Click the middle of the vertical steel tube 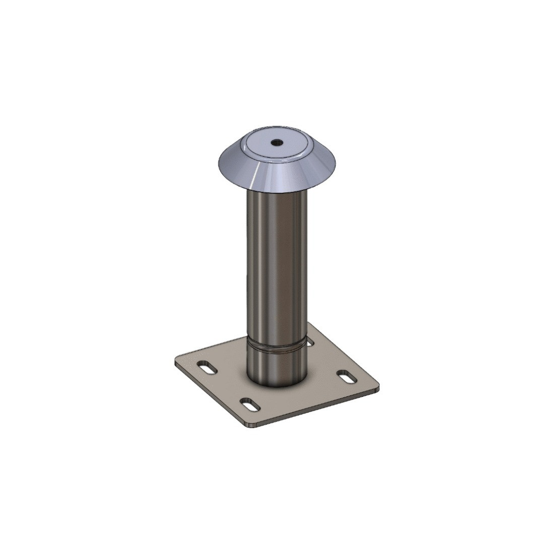[276, 262]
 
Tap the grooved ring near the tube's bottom [276, 347]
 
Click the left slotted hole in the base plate [207, 367]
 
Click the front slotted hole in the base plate [250, 403]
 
